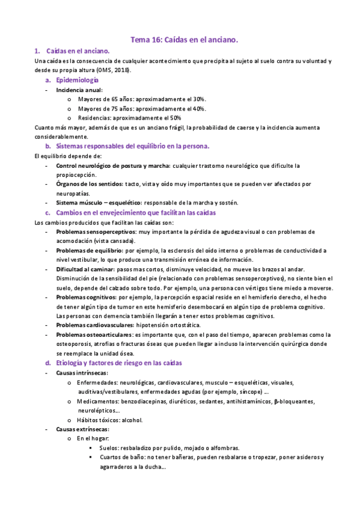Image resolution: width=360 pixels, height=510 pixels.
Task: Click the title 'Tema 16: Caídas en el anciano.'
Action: point(185,40)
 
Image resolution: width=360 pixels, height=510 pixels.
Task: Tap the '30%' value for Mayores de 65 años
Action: point(200,99)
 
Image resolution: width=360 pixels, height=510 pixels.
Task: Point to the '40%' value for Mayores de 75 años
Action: point(200,108)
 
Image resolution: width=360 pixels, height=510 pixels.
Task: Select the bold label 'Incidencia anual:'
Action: point(79,90)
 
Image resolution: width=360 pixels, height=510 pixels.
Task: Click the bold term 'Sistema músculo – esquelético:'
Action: point(99,203)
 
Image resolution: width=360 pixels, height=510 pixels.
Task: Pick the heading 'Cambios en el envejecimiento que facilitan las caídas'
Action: point(136,213)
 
